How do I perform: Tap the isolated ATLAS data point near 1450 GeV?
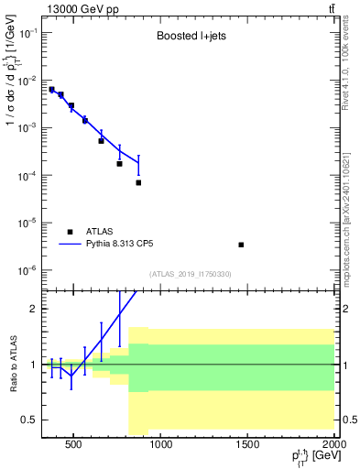pyautogui.click(x=241, y=245)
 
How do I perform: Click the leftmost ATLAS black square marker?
pyautogui.click(x=52, y=90)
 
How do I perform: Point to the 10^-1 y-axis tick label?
pyautogui.click(x=27, y=33)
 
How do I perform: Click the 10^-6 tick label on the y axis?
pyautogui.click(x=27, y=270)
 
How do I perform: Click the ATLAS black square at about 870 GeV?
pyautogui.click(x=138, y=182)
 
